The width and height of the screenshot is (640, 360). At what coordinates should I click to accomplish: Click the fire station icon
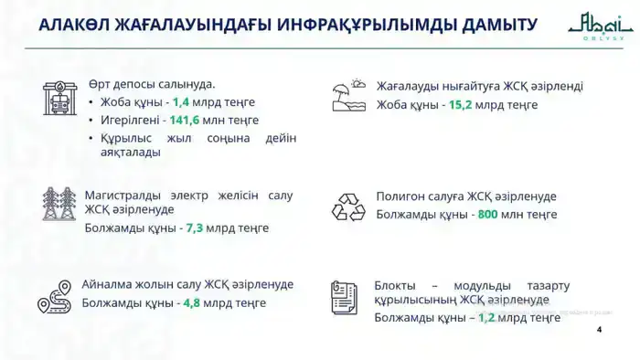(x=62, y=99)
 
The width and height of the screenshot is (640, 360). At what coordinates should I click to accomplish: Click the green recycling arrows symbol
(x=348, y=206)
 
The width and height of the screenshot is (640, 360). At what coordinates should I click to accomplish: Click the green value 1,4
(x=181, y=102)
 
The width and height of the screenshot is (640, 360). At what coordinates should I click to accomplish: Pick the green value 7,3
(x=194, y=228)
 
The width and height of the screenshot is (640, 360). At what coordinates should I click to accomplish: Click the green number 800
(x=487, y=215)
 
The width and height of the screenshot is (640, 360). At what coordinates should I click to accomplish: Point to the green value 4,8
(x=192, y=302)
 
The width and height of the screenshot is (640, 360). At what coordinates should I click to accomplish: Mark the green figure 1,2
(x=485, y=318)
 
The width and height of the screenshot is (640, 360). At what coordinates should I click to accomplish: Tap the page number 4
(x=599, y=330)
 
